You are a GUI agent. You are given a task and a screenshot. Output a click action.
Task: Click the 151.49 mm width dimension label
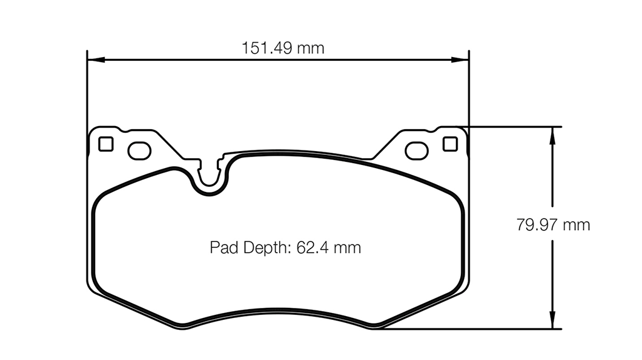(x=283, y=48)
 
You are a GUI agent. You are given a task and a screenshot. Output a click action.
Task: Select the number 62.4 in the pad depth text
(x=308, y=248)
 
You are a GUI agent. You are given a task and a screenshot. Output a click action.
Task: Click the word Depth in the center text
(x=262, y=248)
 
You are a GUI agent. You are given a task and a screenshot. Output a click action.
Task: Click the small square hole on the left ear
(x=106, y=144)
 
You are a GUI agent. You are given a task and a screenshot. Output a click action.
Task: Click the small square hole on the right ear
(x=450, y=144)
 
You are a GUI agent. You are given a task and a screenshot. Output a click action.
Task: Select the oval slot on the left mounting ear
(x=139, y=150)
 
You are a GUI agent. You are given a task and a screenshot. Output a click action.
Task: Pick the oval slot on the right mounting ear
(x=416, y=150)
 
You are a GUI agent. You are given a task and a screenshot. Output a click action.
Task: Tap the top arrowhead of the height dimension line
(x=552, y=132)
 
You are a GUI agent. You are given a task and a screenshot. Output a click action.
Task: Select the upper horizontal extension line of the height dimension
(x=514, y=126)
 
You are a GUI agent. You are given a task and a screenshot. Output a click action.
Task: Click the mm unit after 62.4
(x=347, y=248)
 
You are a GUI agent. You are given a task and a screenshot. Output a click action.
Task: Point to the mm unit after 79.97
(x=576, y=225)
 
